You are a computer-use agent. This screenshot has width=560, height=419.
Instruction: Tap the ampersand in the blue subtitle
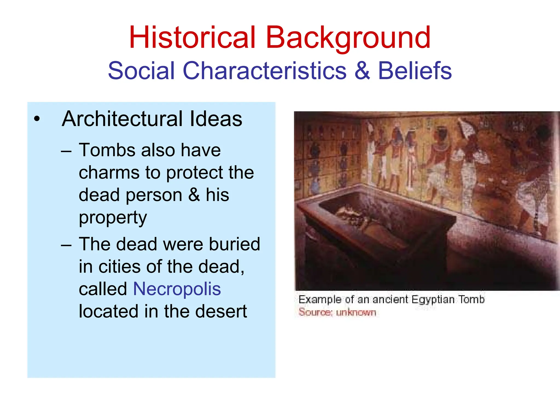pos(362,71)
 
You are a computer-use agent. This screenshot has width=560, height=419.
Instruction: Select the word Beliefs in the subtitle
pos(415,71)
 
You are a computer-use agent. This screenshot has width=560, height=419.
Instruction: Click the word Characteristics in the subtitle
pos(264,71)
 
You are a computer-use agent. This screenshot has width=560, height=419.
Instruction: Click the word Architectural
pos(122,119)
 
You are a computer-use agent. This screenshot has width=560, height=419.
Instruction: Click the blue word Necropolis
pos(177,289)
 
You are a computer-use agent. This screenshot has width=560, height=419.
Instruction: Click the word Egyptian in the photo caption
pos(433,300)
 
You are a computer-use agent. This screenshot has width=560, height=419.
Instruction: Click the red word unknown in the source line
pos(356,312)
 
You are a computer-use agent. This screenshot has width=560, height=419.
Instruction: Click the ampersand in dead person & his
pos(194,195)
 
